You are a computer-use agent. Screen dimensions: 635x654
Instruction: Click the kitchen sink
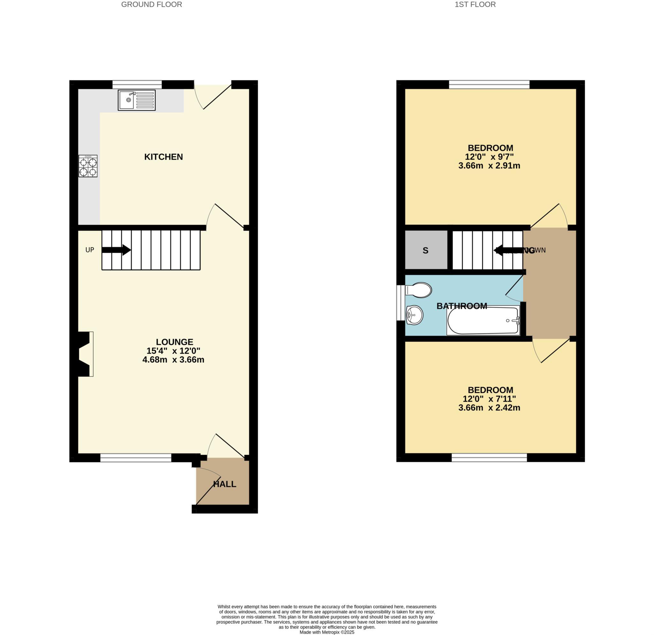pyautogui.click(x=136, y=100)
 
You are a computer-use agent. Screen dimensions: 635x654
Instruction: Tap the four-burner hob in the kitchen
pyautogui.click(x=88, y=166)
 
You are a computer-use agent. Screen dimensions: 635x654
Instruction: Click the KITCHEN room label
pyautogui.click(x=163, y=157)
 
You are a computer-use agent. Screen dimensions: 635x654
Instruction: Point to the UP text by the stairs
pyautogui.click(x=90, y=250)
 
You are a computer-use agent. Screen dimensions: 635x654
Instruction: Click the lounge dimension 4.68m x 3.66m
pyautogui.click(x=173, y=360)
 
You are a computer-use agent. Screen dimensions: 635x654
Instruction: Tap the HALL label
pyautogui.click(x=224, y=484)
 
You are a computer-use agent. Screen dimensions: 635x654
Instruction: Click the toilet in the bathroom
pyautogui.click(x=419, y=290)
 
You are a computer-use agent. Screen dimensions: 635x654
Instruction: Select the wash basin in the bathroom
pyautogui.click(x=414, y=315)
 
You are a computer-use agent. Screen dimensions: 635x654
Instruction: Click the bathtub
pyautogui.click(x=483, y=320)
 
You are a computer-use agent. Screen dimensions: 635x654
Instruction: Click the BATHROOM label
pyautogui.click(x=462, y=306)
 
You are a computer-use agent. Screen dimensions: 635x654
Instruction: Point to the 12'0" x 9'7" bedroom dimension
pyautogui.click(x=489, y=157)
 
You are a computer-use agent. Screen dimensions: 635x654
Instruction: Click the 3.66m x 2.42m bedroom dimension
pyautogui.click(x=489, y=408)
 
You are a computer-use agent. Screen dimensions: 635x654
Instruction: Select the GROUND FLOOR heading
pyautogui.click(x=151, y=5)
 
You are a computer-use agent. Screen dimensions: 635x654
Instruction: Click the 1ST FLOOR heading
pyautogui.click(x=475, y=5)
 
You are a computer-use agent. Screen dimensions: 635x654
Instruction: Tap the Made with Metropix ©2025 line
pyautogui.click(x=327, y=632)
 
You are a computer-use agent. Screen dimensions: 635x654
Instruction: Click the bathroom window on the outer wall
pyautogui.click(x=400, y=303)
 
